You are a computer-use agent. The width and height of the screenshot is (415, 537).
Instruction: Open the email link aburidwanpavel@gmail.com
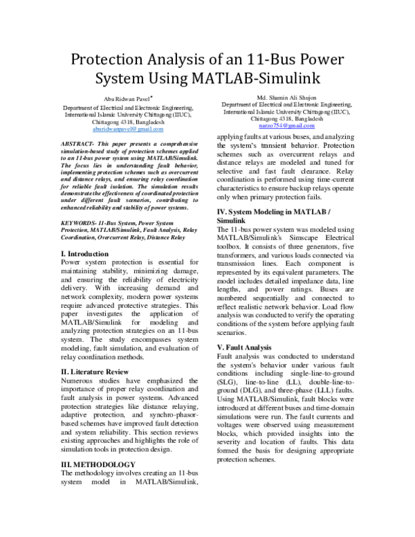coord(129,129)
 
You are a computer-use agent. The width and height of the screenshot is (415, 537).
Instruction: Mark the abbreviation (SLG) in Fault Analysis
coord(229,381)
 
